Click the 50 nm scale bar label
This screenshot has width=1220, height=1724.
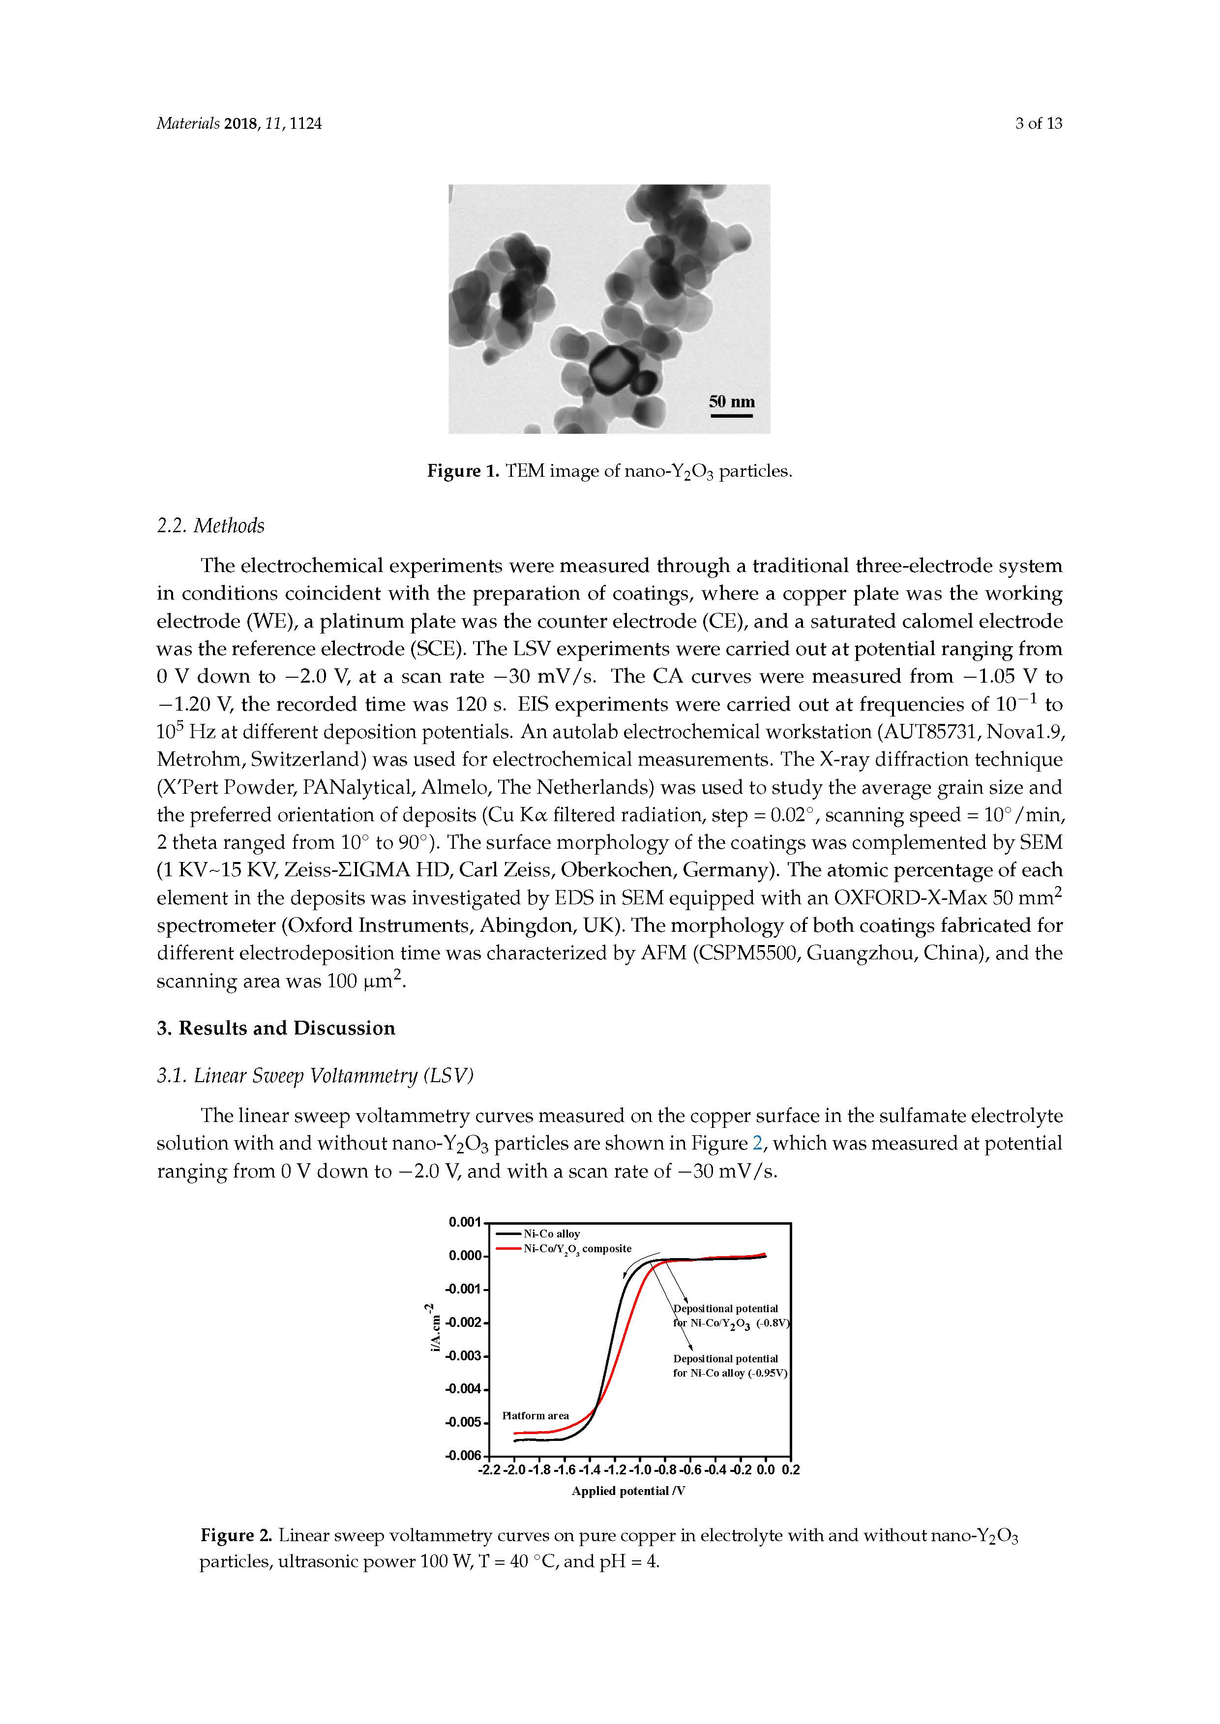[731, 402]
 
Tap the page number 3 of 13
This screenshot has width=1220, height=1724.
[1038, 124]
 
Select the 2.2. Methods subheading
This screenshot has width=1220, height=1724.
[210, 526]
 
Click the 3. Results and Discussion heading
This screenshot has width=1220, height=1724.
[276, 1028]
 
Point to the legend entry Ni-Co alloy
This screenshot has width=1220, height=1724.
[551, 1234]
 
